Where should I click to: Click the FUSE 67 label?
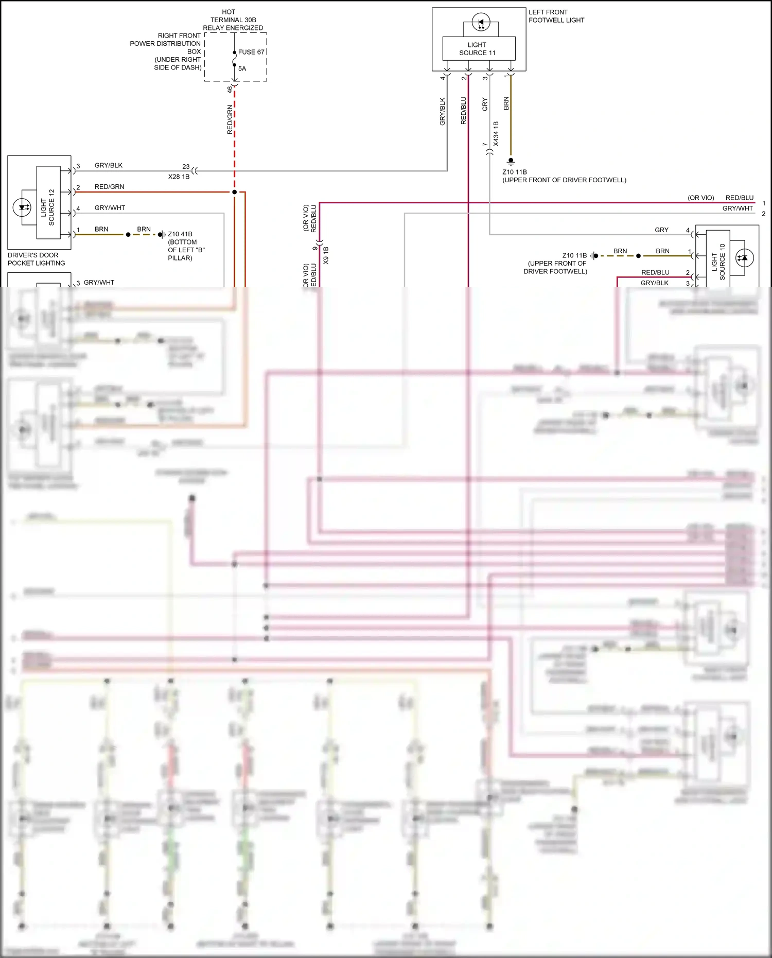click(x=251, y=52)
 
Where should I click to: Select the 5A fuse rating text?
click(x=242, y=68)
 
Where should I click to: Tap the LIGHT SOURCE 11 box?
click(x=479, y=49)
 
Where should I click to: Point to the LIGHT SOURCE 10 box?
click(x=718, y=257)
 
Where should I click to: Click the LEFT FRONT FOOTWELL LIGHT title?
click(x=556, y=16)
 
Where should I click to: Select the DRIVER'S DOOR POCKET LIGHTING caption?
click(x=36, y=259)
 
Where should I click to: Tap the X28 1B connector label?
click(x=179, y=177)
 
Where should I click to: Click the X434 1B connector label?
click(x=496, y=134)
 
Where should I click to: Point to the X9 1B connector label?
click(x=326, y=256)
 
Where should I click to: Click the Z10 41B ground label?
click(x=180, y=234)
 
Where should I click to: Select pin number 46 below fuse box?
click(x=230, y=89)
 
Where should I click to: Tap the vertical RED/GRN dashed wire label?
click(x=230, y=120)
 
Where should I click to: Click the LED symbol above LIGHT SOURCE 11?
click(x=481, y=23)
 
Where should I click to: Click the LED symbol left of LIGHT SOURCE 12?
click(x=22, y=207)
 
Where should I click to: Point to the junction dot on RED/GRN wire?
click(x=234, y=192)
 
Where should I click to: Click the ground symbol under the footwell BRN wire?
click(x=511, y=161)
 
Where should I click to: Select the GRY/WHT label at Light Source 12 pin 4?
click(x=110, y=208)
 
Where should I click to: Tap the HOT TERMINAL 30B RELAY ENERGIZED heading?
click(x=233, y=20)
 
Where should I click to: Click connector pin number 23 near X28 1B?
click(x=186, y=167)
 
